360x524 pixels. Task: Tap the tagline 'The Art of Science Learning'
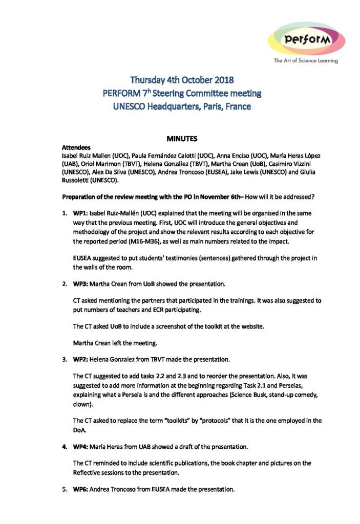306,61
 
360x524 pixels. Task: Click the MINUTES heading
182,139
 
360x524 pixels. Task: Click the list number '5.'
65,489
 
